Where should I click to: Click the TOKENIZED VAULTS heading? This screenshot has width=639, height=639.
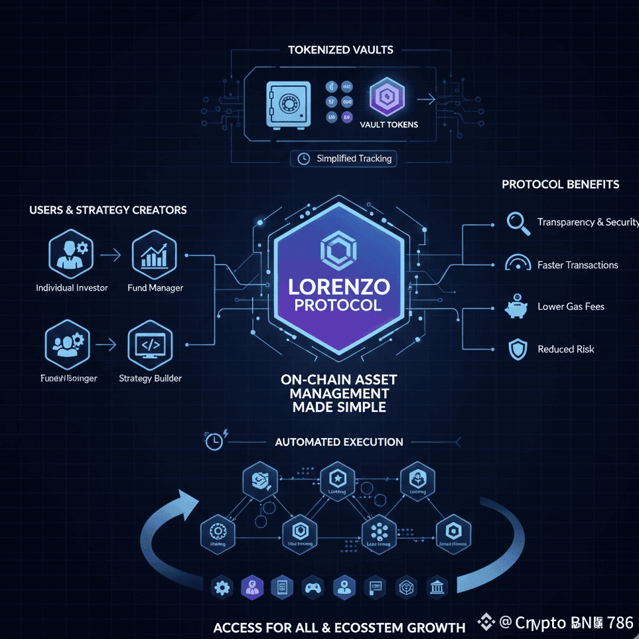click(x=340, y=50)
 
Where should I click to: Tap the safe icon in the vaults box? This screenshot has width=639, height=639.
click(x=288, y=104)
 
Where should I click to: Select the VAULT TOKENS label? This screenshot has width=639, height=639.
click(x=388, y=124)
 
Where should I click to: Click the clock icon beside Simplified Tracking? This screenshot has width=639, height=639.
click(x=304, y=159)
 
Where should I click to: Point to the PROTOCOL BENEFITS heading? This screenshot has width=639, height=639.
click(x=560, y=184)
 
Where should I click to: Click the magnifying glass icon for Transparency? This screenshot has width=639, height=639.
click(x=518, y=222)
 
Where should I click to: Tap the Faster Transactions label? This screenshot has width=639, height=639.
click(x=577, y=265)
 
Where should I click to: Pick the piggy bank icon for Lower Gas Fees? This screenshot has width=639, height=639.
click(x=516, y=307)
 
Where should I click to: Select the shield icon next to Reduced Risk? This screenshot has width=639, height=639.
click(x=517, y=349)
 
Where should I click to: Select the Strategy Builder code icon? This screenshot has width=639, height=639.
click(x=150, y=345)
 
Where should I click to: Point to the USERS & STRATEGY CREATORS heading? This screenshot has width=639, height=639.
click(x=108, y=210)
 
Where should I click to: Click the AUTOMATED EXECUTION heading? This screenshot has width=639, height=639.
click(x=338, y=442)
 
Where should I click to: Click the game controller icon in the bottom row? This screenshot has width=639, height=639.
click(x=312, y=587)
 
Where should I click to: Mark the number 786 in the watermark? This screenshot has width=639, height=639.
click(x=620, y=622)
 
